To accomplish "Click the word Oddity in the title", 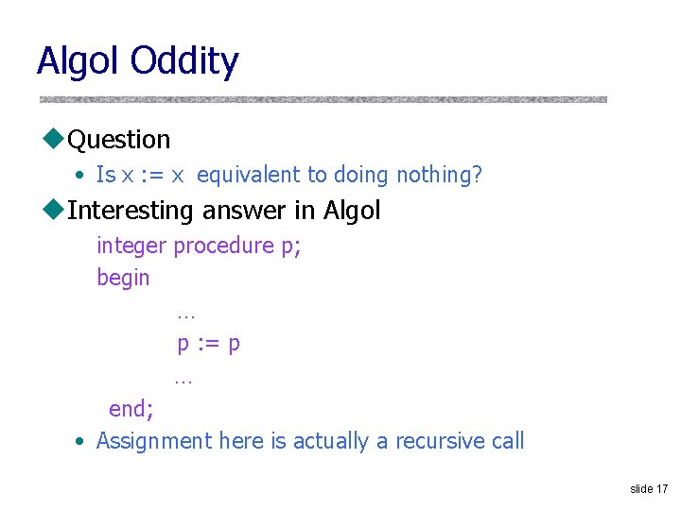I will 185,61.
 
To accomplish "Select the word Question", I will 119,140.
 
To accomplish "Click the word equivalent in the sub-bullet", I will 247,175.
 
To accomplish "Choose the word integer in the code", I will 131,246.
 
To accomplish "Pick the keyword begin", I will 123,278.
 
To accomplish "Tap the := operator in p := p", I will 208,343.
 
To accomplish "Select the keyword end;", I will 131,409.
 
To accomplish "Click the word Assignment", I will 154,441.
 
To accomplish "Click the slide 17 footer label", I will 649,488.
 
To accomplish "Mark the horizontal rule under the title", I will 323,99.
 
